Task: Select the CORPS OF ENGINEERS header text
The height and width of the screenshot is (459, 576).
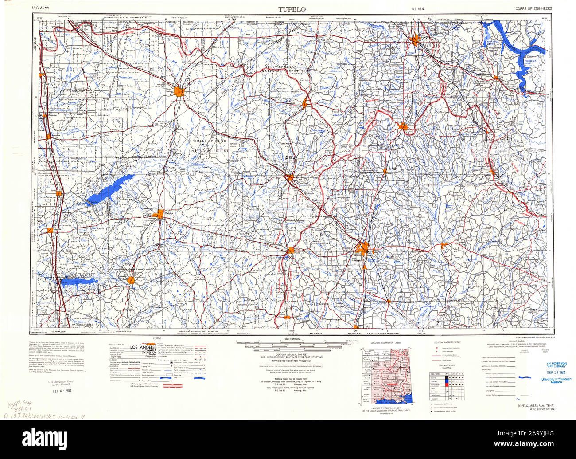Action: (533, 8)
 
